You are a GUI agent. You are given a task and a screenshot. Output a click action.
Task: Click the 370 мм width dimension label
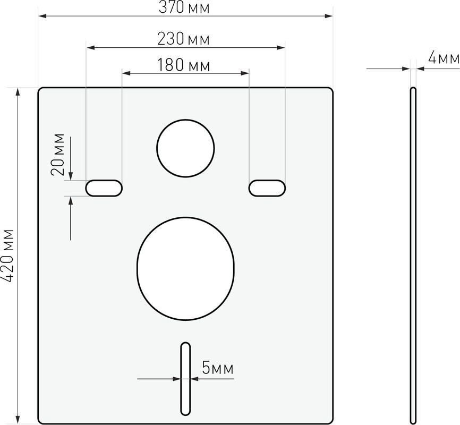(184, 7)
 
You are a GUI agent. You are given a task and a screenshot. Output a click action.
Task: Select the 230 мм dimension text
(184, 39)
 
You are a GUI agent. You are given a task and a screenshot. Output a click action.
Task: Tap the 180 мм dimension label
(184, 65)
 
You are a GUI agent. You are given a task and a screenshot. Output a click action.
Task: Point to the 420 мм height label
(7, 256)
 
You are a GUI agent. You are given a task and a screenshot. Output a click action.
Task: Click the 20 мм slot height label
(58, 155)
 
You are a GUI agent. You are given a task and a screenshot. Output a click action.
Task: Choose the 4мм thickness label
(444, 57)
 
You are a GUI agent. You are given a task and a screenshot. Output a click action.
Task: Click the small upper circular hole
(185, 148)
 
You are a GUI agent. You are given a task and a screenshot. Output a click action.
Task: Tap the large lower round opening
(186, 269)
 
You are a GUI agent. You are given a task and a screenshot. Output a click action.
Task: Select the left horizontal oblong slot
(104, 188)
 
